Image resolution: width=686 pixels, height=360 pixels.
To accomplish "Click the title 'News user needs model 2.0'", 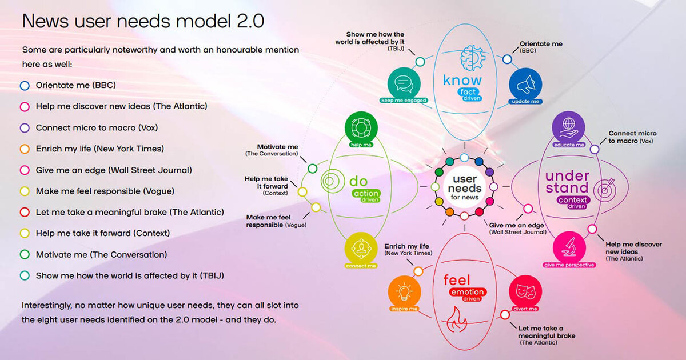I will click(143, 21).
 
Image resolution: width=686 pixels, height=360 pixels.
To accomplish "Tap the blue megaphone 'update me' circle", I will click(524, 85).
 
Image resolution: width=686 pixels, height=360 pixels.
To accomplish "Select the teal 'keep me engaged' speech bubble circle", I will click(404, 85).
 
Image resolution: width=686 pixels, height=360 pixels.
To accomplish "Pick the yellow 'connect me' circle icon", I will click(361, 250).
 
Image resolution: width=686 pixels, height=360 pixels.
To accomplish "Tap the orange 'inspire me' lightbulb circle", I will click(404, 291).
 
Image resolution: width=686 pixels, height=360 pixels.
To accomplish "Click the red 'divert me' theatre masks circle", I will click(524, 291).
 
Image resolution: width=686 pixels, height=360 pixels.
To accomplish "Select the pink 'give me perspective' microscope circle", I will click(569, 247).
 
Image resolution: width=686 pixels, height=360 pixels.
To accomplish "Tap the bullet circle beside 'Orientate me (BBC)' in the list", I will click(25, 85).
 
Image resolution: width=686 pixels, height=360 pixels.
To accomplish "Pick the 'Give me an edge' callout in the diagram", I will click(518, 228).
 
